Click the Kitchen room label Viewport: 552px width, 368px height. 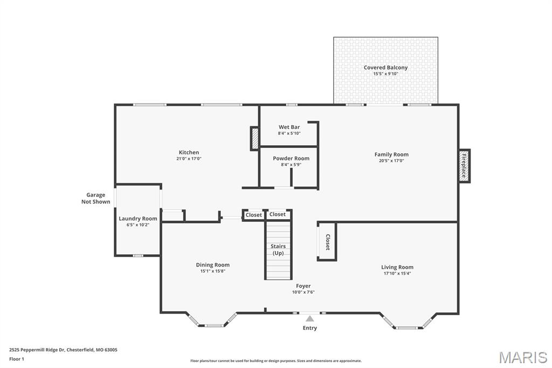(189, 153)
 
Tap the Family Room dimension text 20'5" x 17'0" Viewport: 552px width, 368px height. (391, 161)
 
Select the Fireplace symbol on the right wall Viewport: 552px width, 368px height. (464, 166)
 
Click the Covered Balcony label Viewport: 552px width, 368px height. (385, 67)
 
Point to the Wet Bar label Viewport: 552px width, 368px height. (289, 127)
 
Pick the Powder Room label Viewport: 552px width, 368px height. (291, 158)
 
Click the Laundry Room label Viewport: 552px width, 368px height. (138, 219)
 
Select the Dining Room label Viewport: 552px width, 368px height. (212, 265)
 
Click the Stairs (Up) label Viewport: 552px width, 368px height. (278, 250)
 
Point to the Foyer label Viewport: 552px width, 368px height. (303, 286)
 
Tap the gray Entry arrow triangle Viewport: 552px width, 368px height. (310, 319)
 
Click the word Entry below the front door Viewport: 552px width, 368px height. (310, 328)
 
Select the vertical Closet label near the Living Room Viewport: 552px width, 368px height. (327, 242)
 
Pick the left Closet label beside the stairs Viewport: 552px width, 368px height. (253, 215)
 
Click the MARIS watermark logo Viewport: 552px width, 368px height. (522, 357)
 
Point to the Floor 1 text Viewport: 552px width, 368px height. (17, 359)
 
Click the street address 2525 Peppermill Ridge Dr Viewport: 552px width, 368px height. (37, 350)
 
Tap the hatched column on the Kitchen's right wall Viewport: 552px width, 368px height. (254, 138)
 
